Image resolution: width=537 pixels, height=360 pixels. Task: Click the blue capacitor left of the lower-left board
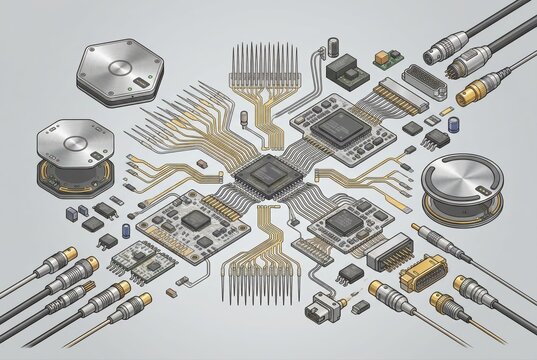click(126, 229)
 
